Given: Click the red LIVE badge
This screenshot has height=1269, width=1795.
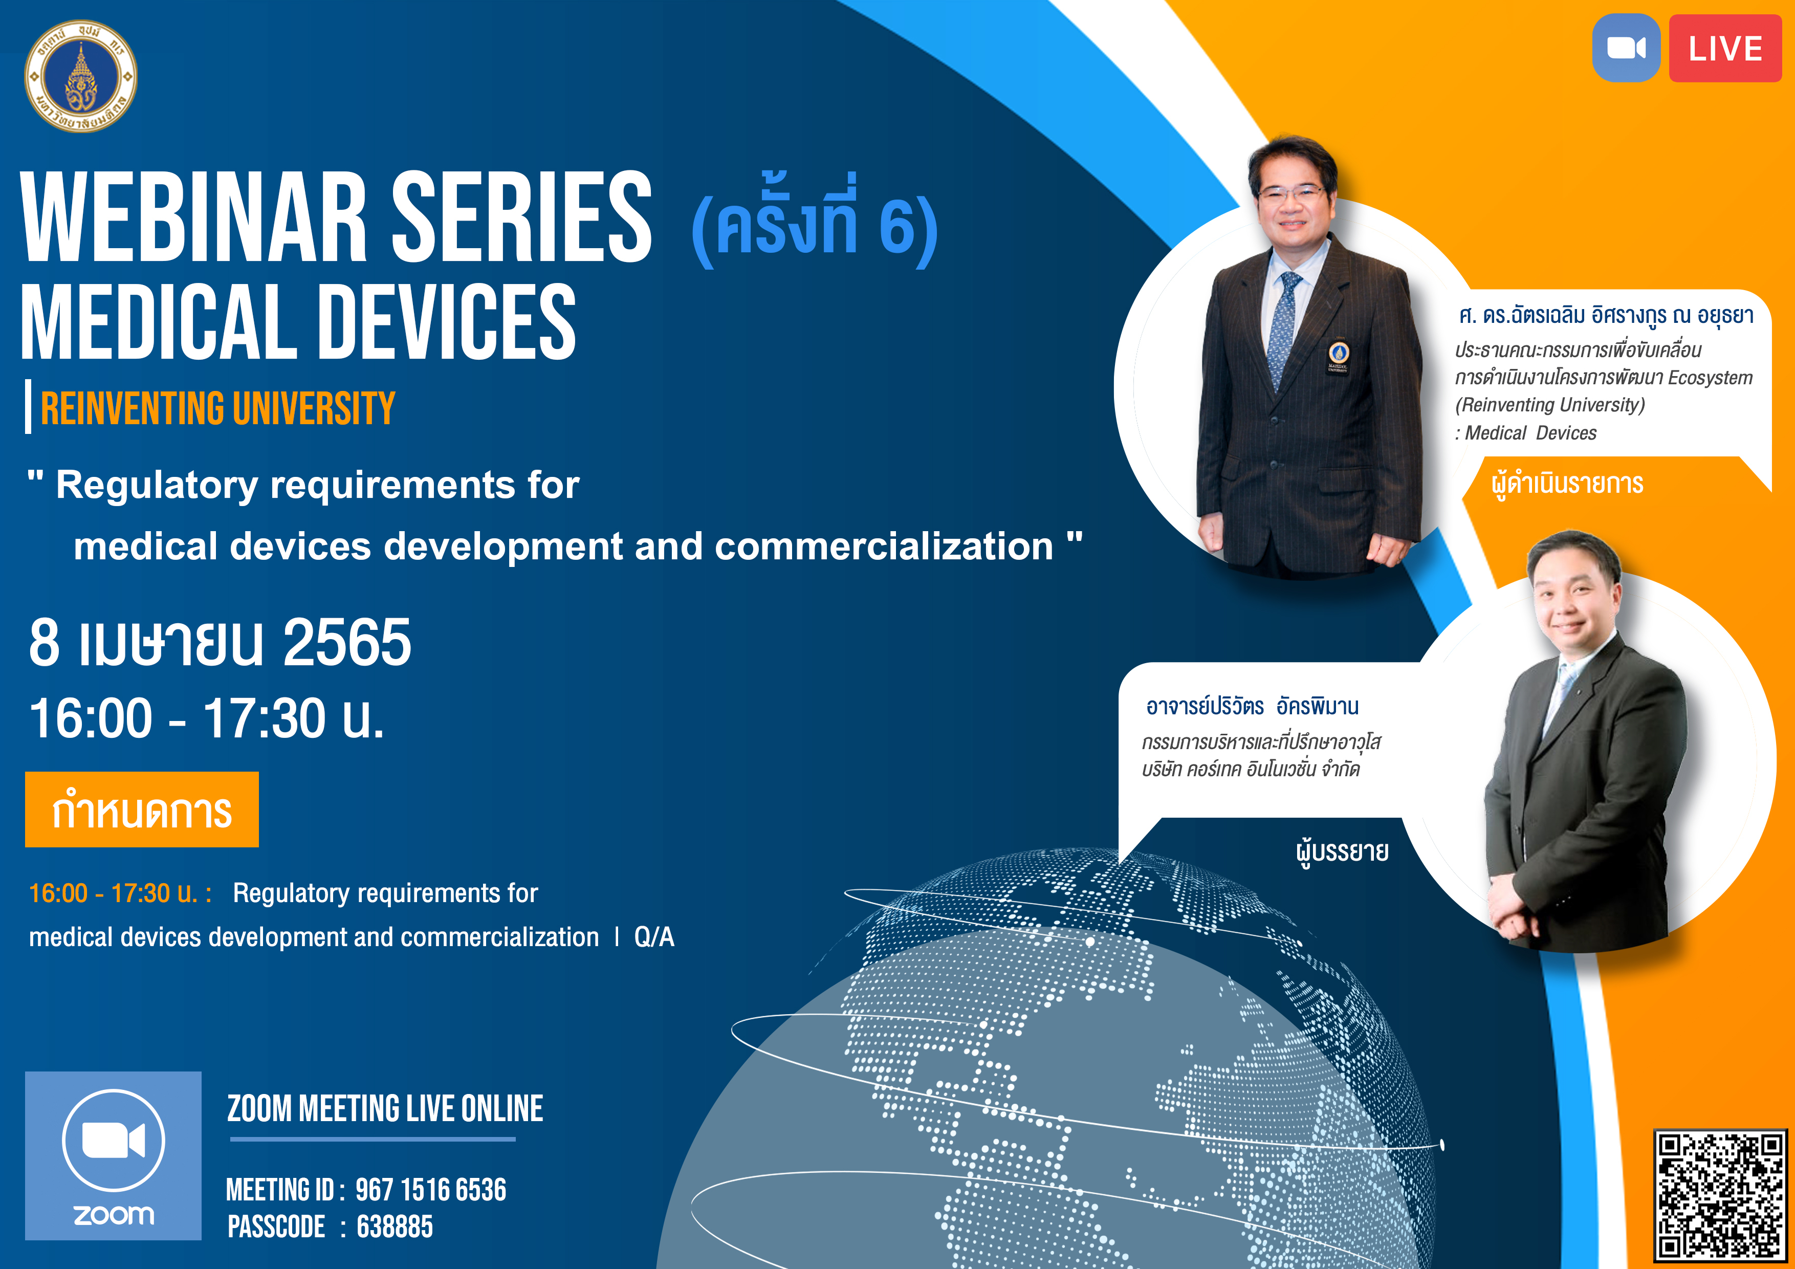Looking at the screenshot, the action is click(1725, 49).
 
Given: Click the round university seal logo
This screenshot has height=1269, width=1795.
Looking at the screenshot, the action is click(80, 76).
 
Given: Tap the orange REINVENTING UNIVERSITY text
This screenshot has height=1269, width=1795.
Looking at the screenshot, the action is click(218, 408).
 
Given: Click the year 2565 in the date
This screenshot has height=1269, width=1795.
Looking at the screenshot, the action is click(346, 642).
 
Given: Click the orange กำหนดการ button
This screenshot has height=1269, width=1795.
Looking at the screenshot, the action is click(142, 809).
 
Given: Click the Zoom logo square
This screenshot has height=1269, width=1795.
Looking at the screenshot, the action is click(114, 1155).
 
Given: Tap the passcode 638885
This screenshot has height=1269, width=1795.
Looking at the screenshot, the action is click(395, 1226).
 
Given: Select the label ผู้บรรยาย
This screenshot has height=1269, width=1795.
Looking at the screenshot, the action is click(1342, 851).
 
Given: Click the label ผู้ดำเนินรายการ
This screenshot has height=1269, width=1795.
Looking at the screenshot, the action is click(1567, 483).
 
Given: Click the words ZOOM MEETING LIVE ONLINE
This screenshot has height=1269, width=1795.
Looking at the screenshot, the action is click(385, 1109).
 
